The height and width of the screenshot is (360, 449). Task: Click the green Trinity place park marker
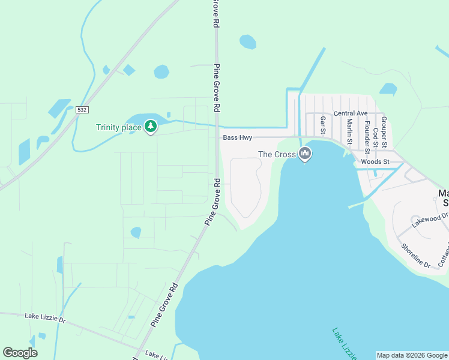[x=151, y=127]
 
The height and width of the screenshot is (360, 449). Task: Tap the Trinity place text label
[x=119, y=127]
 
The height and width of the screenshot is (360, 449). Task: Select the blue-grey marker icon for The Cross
[x=305, y=154]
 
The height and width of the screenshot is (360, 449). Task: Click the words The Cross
[x=277, y=154]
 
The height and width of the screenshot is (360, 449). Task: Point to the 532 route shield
[x=82, y=110]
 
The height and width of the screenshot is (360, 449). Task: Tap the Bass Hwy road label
[x=237, y=137]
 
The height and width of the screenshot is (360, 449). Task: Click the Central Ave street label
[x=351, y=113]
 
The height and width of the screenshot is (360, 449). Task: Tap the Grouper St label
[x=384, y=128]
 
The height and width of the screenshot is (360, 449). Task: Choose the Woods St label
[x=375, y=161]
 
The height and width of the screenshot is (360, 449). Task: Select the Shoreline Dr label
[x=415, y=256]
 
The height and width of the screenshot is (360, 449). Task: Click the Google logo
[x=20, y=353]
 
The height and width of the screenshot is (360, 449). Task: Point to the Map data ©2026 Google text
[x=412, y=355]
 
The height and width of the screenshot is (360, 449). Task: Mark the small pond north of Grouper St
[x=388, y=89]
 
